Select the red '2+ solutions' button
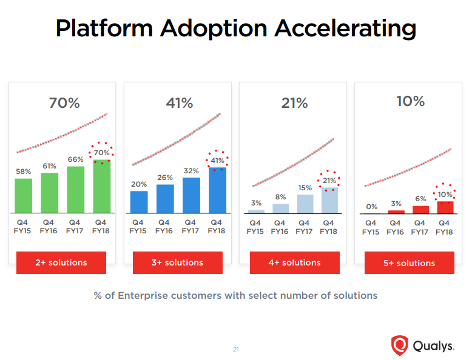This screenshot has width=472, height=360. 61,262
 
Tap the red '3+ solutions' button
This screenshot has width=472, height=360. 177,262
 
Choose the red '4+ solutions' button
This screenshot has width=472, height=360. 294,262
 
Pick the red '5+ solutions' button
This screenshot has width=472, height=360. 409,263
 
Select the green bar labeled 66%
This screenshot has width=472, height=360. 75,190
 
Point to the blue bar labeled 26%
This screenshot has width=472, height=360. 164,198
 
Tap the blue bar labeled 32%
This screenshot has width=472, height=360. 191,195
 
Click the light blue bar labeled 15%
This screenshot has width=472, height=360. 305,204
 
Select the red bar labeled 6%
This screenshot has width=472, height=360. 420,209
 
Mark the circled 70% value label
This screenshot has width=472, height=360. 101,152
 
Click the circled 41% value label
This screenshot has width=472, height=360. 217,161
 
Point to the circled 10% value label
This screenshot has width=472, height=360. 445,195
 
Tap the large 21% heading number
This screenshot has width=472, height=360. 294,103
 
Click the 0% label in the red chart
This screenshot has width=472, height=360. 371,207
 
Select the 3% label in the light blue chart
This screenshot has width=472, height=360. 256,203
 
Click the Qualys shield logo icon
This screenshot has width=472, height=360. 399,345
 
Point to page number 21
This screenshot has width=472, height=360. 236,349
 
